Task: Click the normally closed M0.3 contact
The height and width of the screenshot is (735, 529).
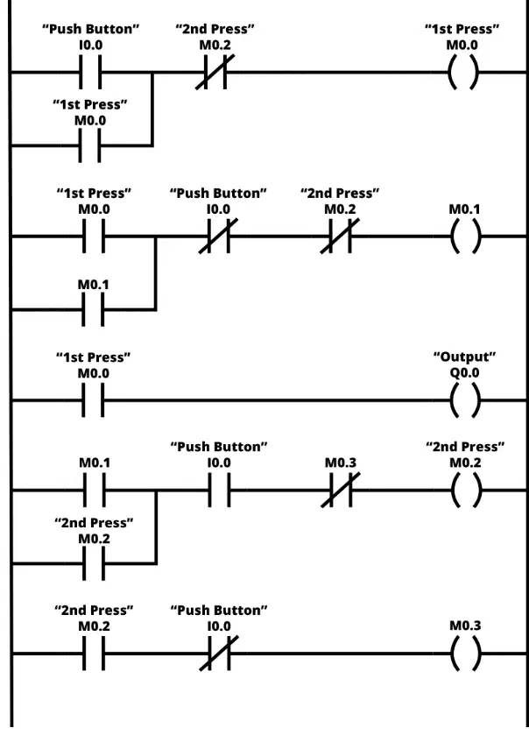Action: tap(341, 491)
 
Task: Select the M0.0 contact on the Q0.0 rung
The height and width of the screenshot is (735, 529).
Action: tap(93, 400)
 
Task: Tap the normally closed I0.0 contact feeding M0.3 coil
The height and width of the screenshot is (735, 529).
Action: tap(218, 654)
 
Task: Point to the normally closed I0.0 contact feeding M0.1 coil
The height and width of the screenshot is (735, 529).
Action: tap(218, 237)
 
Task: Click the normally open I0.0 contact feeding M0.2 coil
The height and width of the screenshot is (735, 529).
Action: tap(219, 491)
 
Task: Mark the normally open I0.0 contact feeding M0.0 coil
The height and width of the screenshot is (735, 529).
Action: tap(90, 72)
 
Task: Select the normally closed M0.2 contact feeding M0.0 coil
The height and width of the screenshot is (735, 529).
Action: tap(215, 72)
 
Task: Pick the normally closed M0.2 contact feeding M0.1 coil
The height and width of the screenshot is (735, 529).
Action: tap(340, 237)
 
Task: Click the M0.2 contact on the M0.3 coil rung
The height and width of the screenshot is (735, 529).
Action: tap(94, 654)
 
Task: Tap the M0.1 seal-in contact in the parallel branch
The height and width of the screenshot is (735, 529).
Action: tap(93, 309)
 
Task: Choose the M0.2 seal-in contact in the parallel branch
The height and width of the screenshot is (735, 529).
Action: tap(94, 563)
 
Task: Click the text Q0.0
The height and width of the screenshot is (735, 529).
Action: tap(465, 372)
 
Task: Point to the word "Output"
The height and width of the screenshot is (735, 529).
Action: tap(464, 357)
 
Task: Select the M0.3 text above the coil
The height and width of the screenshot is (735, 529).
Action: tap(465, 625)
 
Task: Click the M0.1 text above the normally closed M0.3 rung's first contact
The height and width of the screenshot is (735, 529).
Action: tap(95, 463)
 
